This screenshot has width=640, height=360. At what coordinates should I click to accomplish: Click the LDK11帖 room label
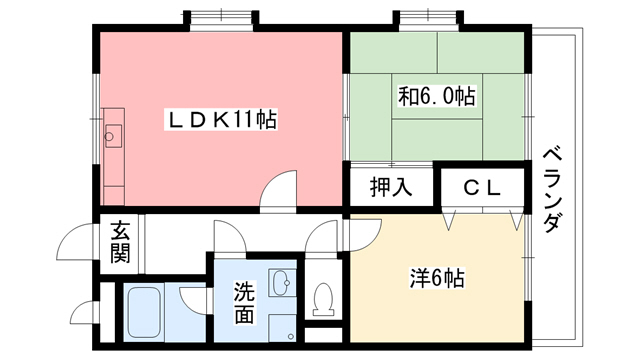221,121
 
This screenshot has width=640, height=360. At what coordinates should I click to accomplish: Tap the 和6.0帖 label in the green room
437,96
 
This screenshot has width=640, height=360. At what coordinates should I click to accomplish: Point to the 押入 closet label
390,187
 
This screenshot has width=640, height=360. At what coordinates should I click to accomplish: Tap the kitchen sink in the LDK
111,135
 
